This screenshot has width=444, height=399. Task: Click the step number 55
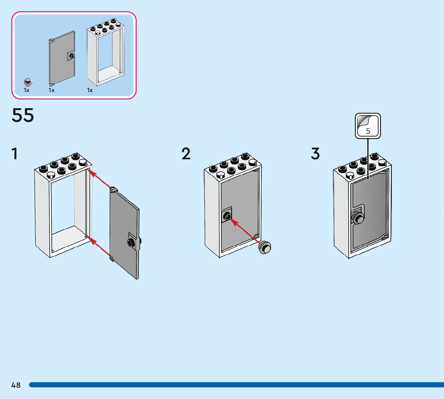23,115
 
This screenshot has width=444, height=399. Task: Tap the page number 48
16,385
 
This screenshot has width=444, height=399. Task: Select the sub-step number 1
14,154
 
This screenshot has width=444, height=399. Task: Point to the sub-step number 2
186,154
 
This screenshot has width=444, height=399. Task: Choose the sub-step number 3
316,154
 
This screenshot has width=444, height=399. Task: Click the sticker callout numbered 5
368,126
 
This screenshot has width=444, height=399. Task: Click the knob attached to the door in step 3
357,218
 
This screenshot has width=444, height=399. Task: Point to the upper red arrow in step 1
99,179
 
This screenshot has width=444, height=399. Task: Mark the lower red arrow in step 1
99,247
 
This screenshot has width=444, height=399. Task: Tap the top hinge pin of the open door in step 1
113,188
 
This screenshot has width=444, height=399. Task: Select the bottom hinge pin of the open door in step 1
112,259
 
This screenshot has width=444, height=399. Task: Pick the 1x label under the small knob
26,90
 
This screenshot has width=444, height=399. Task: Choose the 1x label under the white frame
90,90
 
